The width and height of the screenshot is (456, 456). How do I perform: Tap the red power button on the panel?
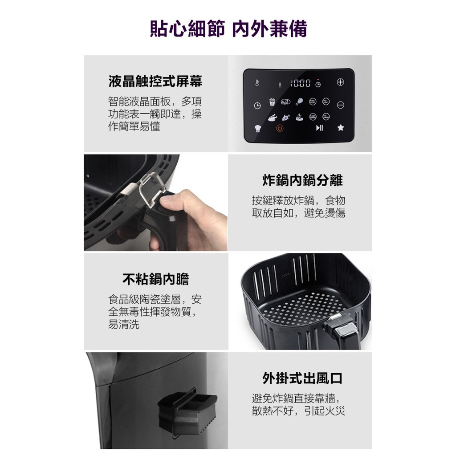tap(280, 128)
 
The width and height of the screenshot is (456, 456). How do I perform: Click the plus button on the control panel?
tap(341, 82)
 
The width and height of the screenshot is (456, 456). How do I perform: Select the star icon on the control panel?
tap(341, 127)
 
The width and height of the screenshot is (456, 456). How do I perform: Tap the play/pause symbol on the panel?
tap(319, 128)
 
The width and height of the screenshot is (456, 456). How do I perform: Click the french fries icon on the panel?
tap(272, 102)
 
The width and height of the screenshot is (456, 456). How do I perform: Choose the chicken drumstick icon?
tap(299, 102)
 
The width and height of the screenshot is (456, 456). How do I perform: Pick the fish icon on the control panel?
tap(286, 117)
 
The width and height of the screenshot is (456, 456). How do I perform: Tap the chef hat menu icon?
tap(258, 128)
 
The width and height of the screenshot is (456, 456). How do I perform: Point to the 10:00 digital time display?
tap(301, 83)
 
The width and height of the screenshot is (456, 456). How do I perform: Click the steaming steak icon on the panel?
tap(299, 117)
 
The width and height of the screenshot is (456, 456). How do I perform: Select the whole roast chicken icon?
tap(272, 118)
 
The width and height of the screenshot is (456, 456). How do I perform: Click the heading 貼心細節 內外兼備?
tap(228, 29)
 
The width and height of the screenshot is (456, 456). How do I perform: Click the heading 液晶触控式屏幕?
tap(155, 81)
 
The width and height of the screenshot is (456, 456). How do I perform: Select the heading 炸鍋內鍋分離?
tap(302, 180)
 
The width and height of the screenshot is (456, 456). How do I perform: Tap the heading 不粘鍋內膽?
tap(155, 279)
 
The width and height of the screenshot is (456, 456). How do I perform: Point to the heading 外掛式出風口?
tap(302, 378)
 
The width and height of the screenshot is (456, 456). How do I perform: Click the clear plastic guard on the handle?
tap(152, 190)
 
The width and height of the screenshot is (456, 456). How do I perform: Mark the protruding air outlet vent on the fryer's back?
tap(187, 410)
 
